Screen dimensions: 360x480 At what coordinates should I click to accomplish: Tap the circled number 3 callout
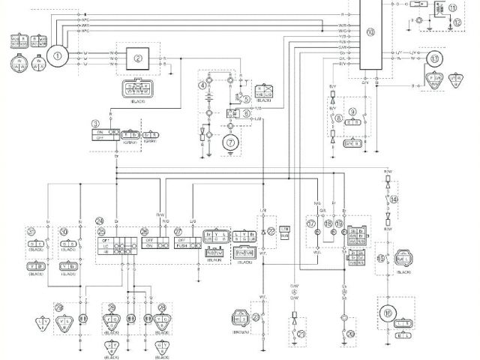[x=95, y=122]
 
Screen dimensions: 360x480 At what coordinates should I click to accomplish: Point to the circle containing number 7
[x=232, y=140]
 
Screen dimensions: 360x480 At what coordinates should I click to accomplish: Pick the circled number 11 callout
[x=451, y=7]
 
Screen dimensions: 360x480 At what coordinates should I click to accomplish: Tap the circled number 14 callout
[x=394, y=199]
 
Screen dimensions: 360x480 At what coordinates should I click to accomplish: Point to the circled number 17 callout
[x=311, y=223]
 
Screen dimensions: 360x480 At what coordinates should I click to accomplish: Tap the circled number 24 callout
[x=99, y=220]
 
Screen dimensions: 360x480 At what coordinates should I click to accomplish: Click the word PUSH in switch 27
[x=183, y=245]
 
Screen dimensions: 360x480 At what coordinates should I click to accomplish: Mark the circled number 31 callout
[x=31, y=231]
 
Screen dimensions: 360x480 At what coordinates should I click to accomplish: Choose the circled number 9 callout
[x=352, y=111]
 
